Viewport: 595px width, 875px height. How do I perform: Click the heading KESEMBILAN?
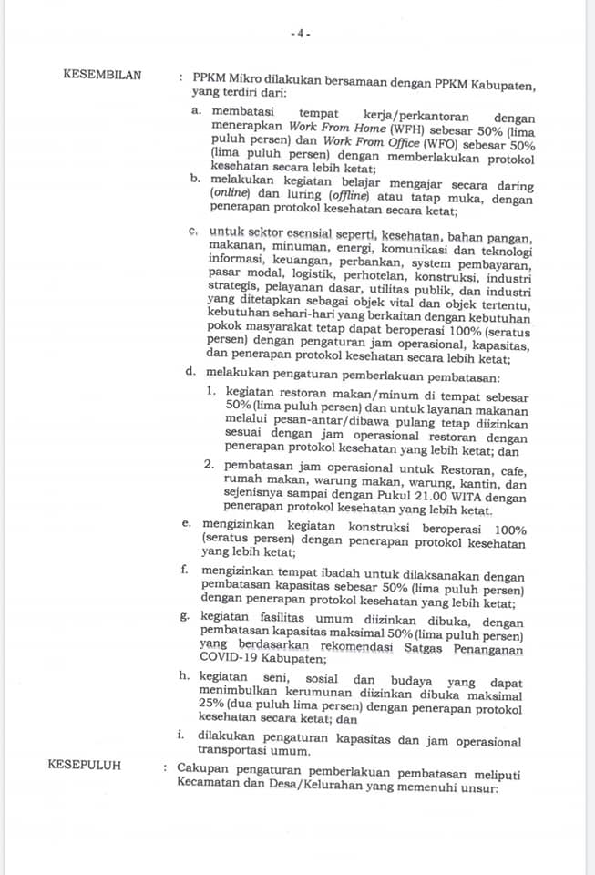click(x=102, y=75)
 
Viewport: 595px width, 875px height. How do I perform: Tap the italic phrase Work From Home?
click(x=327, y=129)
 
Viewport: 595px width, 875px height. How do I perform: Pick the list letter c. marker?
click(x=193, y=232)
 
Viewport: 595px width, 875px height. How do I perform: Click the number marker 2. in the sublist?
click(x=210, y=470)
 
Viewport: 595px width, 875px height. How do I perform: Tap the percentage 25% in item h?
click(x=222, y=704)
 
